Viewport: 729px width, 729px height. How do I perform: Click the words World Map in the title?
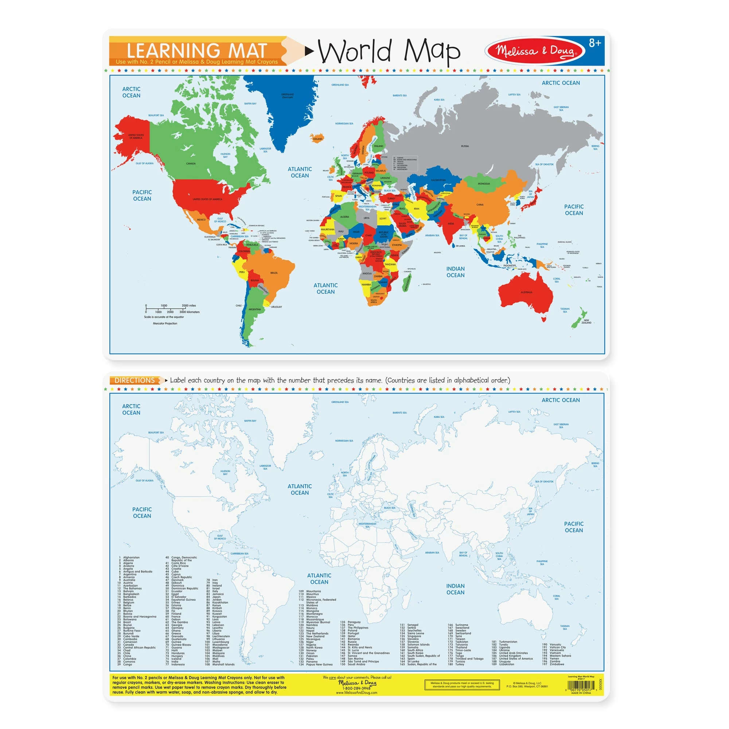point(389,51)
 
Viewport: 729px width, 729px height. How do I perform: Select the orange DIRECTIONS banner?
point(135,380)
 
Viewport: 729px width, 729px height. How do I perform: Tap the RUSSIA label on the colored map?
point(465,146)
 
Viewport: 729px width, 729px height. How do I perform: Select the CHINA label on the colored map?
point(480,204)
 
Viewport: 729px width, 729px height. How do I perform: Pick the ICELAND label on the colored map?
point(318,139)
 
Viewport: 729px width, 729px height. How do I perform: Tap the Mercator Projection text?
point(165,323)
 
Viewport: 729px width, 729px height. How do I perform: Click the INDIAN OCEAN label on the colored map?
point(455,272)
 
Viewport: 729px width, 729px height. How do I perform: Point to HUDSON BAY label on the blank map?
point(225,472)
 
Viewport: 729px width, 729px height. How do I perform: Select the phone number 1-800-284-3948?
point(357,688)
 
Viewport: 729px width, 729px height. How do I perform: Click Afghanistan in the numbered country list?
point(131,557)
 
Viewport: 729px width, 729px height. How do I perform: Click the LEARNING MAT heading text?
point(196,51)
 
